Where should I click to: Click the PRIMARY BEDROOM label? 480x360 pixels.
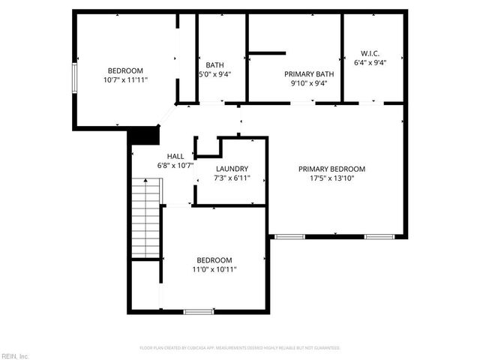[331, 169]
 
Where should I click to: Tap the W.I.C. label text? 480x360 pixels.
[370, 53]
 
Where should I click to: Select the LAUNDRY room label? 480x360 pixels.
[232, 169]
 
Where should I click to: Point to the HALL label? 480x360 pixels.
[175, 156]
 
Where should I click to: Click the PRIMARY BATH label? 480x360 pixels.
[308, 73]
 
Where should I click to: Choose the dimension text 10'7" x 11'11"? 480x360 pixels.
[125, 79]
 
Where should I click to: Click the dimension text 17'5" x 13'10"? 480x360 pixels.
[331, 178]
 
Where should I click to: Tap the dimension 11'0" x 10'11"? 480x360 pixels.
[214, 269]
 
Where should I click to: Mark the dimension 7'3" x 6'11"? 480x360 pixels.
[232, 178]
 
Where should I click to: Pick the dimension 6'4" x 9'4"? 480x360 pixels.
[370, 63]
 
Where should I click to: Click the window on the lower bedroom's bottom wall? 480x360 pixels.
[198, 311]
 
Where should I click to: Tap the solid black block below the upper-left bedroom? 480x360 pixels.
[144, 135]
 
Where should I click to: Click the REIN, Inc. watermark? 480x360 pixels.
[15, 355]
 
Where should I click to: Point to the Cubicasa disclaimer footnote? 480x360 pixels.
[240, 348]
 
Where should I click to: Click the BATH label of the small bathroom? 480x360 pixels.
[215, 65]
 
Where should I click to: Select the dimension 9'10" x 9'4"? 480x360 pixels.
[308, 83]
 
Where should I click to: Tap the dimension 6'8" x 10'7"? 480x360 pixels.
[175, 166]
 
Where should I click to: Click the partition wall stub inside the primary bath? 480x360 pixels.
[268, 53]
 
